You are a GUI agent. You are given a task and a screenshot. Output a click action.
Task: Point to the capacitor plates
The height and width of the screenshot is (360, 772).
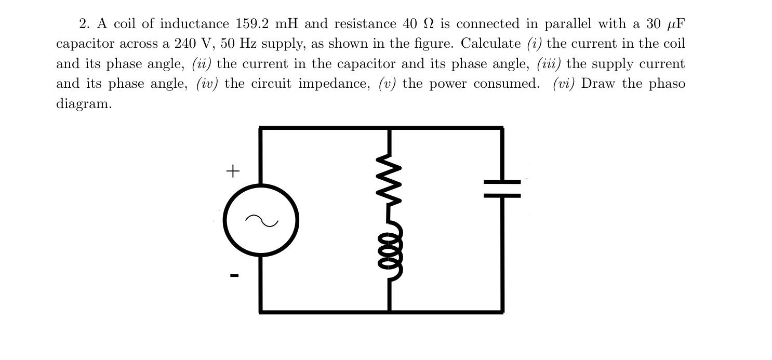pyautogui.click(x=502, y=189)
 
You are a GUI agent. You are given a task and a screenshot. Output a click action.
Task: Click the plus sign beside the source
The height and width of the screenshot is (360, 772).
pyautogui.click(x=233, y=170)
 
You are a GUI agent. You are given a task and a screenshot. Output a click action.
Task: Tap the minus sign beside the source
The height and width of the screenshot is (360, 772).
pyautogui.click(x=234, y=275)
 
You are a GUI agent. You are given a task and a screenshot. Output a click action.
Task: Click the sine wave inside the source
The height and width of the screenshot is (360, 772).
pyautogui.click(x=261, y=221)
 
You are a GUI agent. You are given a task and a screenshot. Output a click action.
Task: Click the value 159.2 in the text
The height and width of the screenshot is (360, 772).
pyautogui.click(x=252, y=24)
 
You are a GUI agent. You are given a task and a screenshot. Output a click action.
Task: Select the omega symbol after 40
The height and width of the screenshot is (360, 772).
pyautogui.click(x=428, y=24)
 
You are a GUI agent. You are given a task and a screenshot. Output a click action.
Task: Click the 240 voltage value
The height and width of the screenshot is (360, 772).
pyautogui.click(x=185, y=44)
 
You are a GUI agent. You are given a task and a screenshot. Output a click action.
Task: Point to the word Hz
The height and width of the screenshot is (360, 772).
pyautogui.click(x=247, y=44)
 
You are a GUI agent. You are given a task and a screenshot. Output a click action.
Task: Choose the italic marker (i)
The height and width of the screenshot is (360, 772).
pyautogui.click(x=535, y=44)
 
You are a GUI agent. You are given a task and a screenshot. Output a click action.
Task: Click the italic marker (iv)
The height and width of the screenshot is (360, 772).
pyautogui.click(x=207, y=84)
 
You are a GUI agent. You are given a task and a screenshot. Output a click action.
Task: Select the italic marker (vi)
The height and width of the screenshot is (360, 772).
pyautogui.click(x=564, y=84)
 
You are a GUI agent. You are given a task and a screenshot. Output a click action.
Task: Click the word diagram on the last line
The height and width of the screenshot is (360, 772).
pyautogui.click(x=84, y=103)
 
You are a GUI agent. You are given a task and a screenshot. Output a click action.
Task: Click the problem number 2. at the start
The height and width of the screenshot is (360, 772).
pyautogui.click(x=85, y=24)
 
